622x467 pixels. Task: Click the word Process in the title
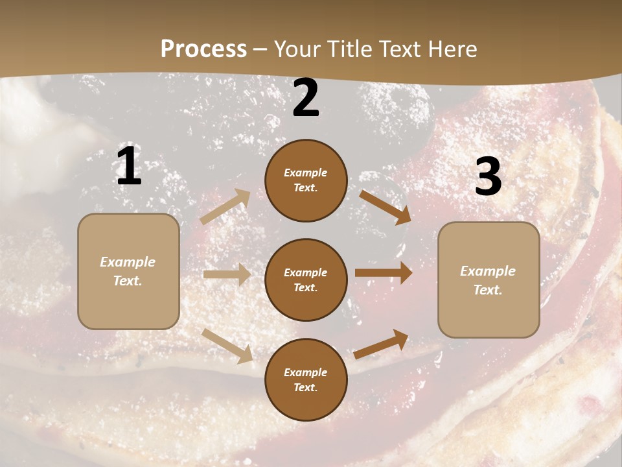pos(203,49)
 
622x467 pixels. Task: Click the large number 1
pos(129,167)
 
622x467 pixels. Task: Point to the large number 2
pos(306,99)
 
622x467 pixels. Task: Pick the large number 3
pos(488,177)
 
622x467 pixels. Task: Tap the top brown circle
pos(306,180)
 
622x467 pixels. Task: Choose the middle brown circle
pos(306,280)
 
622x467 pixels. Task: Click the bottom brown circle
pos(306,379)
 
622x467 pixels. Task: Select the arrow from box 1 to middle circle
pos(227,274)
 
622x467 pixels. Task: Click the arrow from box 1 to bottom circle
pos(227,346)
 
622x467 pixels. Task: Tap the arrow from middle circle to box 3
pos(384,272)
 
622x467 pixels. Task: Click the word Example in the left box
pos(128,262)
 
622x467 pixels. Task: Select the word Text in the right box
pos(487,290)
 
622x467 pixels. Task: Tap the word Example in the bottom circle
pos(305,372)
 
